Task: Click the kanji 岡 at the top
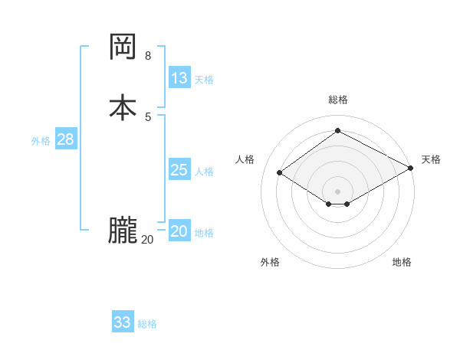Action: pyautogui.click(x=123, y=47)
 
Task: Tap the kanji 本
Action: pyautogui.click(x=123, y=106)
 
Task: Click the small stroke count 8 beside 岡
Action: pyautogui.click(x=148, y=56)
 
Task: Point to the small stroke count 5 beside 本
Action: pyautogui.click(x=148, y=116)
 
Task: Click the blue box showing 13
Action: pyautogui.click(x=179, y=78)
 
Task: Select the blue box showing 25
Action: pyautogui.click(x=179, y=170)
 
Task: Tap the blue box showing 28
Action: pyautogui.click(x=65, y=139)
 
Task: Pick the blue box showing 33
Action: pyautogui.click(x=123, y=322)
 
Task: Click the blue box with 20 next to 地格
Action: pyautogui.click(x=179, y=231)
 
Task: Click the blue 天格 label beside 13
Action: pyautogui.click(x=204, y=80)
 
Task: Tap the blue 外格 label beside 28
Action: pyautogui.click(x=41, y=141)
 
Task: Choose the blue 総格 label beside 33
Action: pyautogui.click(x=147, y=324)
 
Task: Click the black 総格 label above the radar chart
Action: pyautogui.click(x=338, y=100)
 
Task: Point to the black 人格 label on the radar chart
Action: pyautogui.click(x=245, y=159)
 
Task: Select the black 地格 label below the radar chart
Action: pyautogui.click(x=402, y=262)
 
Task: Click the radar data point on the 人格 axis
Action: pyautogui.click(x=280, y=173)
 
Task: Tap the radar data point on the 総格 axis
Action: pyautogui.click(x=338, y=131)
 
